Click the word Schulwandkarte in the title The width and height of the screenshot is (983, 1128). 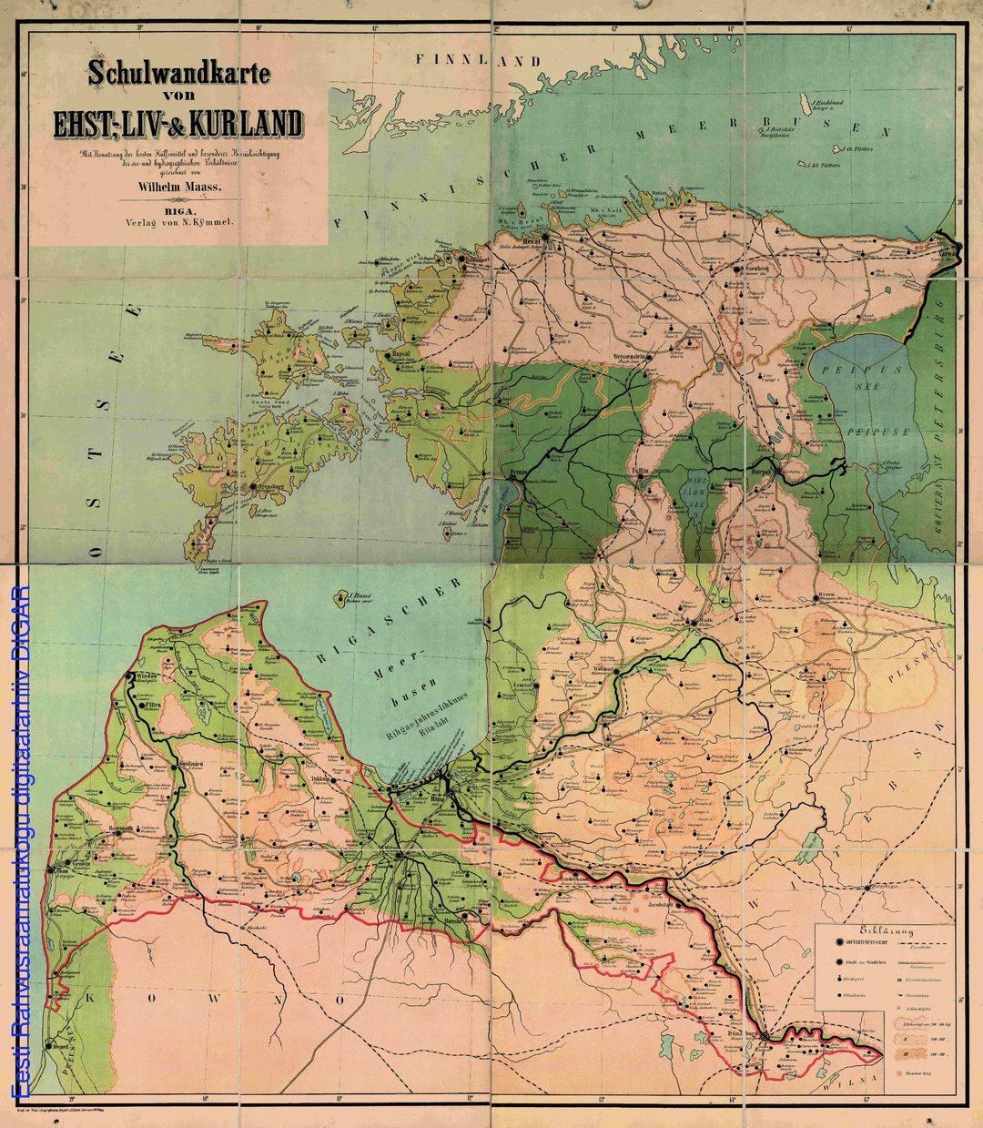click(x=179, y=74)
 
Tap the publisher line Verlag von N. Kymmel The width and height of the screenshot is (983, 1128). click(x=179, y=221)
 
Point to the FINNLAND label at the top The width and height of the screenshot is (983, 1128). click(x=479, y=61)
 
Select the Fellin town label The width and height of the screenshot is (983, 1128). click(x=640, y=472)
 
